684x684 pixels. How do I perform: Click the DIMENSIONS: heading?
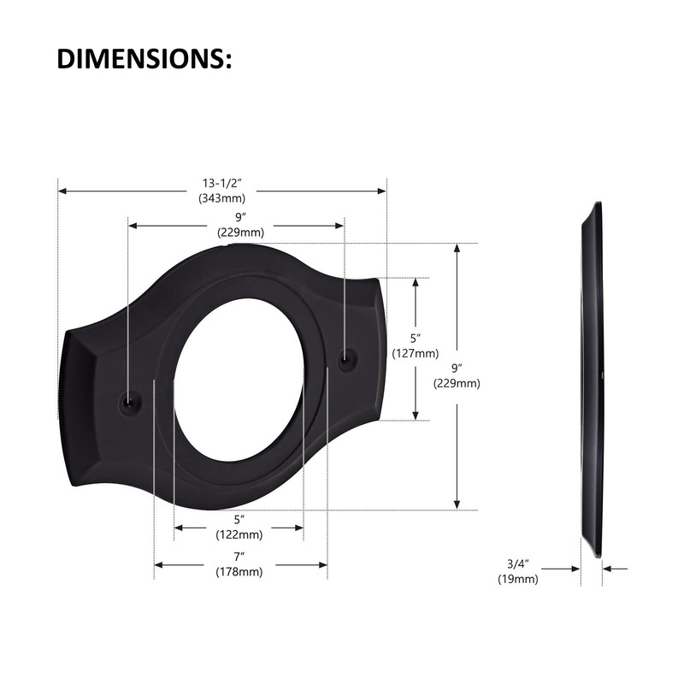point(144,58)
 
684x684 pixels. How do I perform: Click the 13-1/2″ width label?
point(223,184)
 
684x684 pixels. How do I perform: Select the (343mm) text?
point(223,198)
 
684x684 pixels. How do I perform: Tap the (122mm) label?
point(239,534)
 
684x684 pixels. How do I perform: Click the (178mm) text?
point(239,572)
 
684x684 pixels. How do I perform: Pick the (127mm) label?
point(416,353)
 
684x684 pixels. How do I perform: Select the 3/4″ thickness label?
point(518,563)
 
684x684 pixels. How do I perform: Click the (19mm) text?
point(518,579)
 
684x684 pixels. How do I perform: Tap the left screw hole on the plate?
point(129,399)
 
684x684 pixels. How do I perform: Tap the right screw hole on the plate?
point(345,360)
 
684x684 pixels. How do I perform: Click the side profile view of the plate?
point(593,380)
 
